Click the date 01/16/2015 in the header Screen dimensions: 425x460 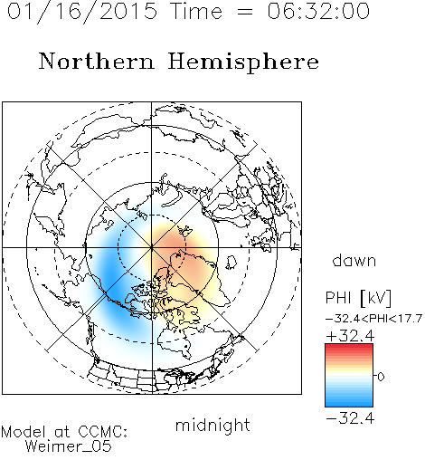tap(82, 12)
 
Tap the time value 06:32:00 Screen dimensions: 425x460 tap(318, 11)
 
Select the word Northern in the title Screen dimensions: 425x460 tap(96, 61)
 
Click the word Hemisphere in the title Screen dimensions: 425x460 tap(243, 62)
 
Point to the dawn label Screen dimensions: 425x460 tap(354, 260)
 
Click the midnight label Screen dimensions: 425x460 tap(212, 426)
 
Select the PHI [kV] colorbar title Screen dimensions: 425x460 tap(358, 298)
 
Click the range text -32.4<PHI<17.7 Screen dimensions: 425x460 tap(373, 319)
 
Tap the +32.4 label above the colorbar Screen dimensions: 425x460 tap(350, 336)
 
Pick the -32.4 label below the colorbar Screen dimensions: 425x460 tap(350, 418)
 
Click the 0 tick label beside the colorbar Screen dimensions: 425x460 tap(381, 377)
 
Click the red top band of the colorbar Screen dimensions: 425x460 tap(349, 348)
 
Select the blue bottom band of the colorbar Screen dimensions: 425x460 tap(349, 402)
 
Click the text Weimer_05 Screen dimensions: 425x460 tap(69, 446)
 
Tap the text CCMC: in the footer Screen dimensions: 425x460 tap(103, 432)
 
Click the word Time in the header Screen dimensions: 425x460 tap(196, 11)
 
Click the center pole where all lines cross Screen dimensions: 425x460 tap(152, 247)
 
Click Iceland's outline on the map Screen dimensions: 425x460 tap(231, 262)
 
